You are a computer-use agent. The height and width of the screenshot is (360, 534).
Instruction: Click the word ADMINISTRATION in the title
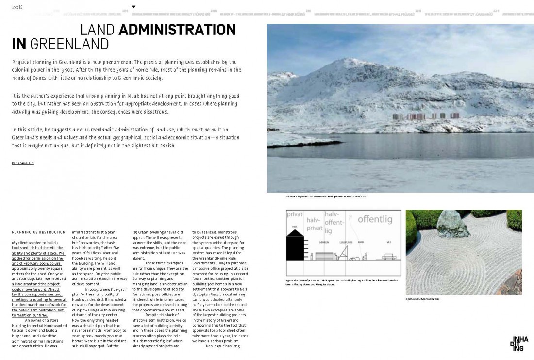(x=177, y=31)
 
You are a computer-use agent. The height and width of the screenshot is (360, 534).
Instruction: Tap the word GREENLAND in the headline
(x=69, y=44)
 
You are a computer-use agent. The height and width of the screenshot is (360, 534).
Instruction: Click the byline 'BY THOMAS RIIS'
(x=23, y=163)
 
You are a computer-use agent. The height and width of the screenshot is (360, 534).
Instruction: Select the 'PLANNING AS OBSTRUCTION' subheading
(x=38, y=232)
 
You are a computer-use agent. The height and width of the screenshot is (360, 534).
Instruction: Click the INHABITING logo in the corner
(x=518, y=344)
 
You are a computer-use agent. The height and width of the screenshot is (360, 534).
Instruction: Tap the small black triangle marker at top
(x=133, y=7)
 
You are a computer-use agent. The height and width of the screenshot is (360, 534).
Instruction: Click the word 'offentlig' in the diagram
(x=375, y=219)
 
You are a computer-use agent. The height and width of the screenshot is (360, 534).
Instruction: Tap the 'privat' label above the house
(x=295, y=214)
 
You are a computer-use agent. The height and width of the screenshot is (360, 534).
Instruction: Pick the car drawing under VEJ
(x=389, y=256)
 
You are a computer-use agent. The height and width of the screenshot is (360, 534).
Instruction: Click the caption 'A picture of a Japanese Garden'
(x=422, y=299)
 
